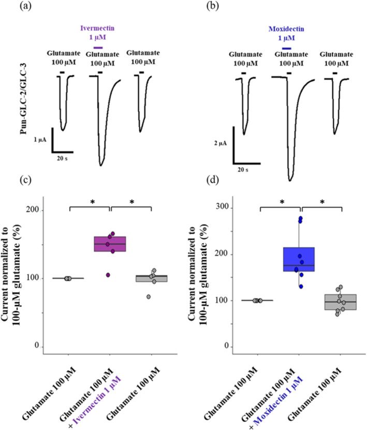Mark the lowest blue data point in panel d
(x=300, y=286)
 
